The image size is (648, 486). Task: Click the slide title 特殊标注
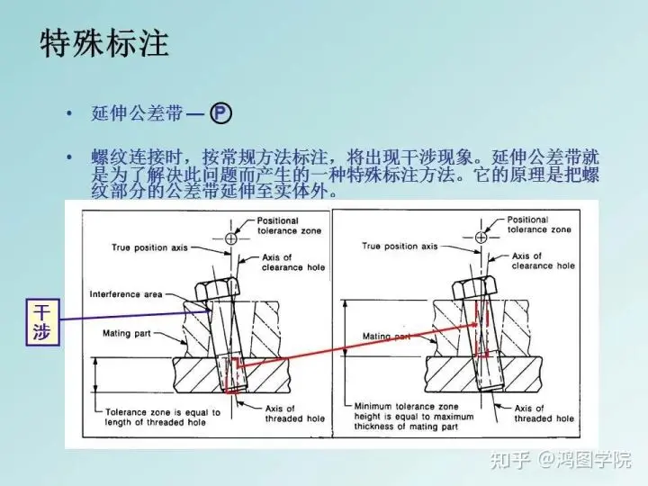(x=104, y=43)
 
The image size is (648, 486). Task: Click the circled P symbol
(x=220, y=113)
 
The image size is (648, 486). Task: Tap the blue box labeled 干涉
(x=42, y=322)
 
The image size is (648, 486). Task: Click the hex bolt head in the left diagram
(x=218, y=289)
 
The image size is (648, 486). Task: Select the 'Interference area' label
(x=126, y=294)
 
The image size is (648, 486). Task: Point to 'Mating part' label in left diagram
(x=127, y=334)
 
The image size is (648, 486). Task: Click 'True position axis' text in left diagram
(x=149, y=248)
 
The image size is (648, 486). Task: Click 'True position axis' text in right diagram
(x=400, y=247)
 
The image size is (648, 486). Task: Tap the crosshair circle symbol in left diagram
(x=230, y=238)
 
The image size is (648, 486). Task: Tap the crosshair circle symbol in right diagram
(x=481, y=238)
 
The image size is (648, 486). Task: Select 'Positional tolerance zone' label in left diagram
(x=289, y=226)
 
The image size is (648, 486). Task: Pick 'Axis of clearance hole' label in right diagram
(x=543, y=261)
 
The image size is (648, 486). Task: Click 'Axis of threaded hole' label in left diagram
(x=294, y=414)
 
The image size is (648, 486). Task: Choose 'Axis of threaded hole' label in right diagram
(x=544, y=413)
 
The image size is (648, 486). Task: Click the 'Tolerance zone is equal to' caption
(x=162, y=412)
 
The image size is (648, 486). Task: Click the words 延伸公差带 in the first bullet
(x=137, y=113)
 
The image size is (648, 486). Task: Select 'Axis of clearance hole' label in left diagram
(x=293, y=263)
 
